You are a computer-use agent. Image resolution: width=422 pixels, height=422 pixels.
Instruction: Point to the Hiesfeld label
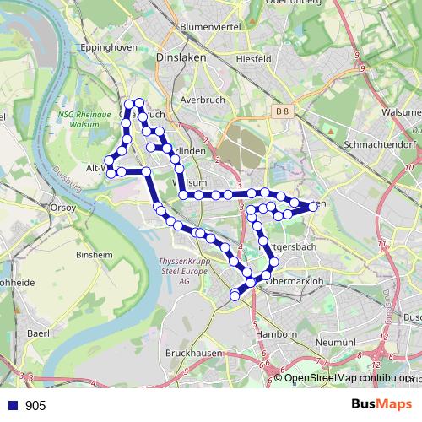[252, 59]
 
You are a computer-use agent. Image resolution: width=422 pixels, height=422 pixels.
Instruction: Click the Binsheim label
[95, 253]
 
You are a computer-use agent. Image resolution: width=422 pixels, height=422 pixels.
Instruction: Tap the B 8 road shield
[282, 111]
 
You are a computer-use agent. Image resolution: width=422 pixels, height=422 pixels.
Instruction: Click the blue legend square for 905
[13, 406]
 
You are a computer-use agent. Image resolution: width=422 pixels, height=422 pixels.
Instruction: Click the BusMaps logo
[381, 405]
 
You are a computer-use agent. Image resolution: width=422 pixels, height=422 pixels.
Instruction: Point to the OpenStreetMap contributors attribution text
[348, 378]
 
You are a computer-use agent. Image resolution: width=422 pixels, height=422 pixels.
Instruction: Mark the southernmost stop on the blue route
[235, 295]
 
